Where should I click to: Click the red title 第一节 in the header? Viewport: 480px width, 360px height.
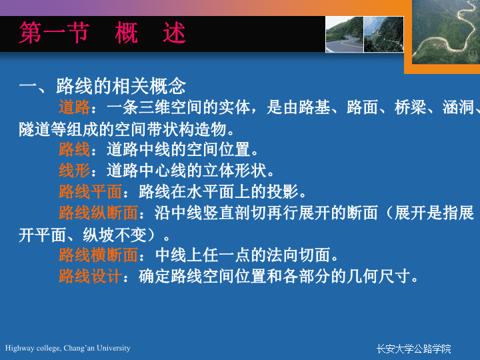54,33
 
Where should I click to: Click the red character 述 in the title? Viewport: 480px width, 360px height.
174,33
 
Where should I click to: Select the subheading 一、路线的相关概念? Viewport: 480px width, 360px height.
102,86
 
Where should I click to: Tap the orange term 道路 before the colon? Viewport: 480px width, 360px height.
75,107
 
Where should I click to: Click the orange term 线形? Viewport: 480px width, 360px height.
75,170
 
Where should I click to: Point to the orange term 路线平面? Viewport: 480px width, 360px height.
90,191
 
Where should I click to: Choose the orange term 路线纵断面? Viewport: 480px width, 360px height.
98,213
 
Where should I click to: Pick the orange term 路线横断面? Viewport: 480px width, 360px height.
98,255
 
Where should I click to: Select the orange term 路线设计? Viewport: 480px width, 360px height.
90,276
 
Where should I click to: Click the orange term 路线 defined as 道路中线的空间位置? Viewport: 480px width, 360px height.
75,149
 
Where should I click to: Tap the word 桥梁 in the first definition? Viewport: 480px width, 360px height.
410,107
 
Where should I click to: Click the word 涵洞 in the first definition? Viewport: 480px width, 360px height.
458,107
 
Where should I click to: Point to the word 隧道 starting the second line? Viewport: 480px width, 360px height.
35,129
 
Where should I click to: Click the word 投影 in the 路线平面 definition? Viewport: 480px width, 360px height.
283,191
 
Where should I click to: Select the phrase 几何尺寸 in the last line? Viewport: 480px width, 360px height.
379,276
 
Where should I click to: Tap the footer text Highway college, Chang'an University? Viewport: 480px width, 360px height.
67,348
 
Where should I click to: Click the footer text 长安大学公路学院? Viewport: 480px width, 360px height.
413,349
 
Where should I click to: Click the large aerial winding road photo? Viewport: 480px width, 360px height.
446,32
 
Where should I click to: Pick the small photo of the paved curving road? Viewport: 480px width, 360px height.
345,34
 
